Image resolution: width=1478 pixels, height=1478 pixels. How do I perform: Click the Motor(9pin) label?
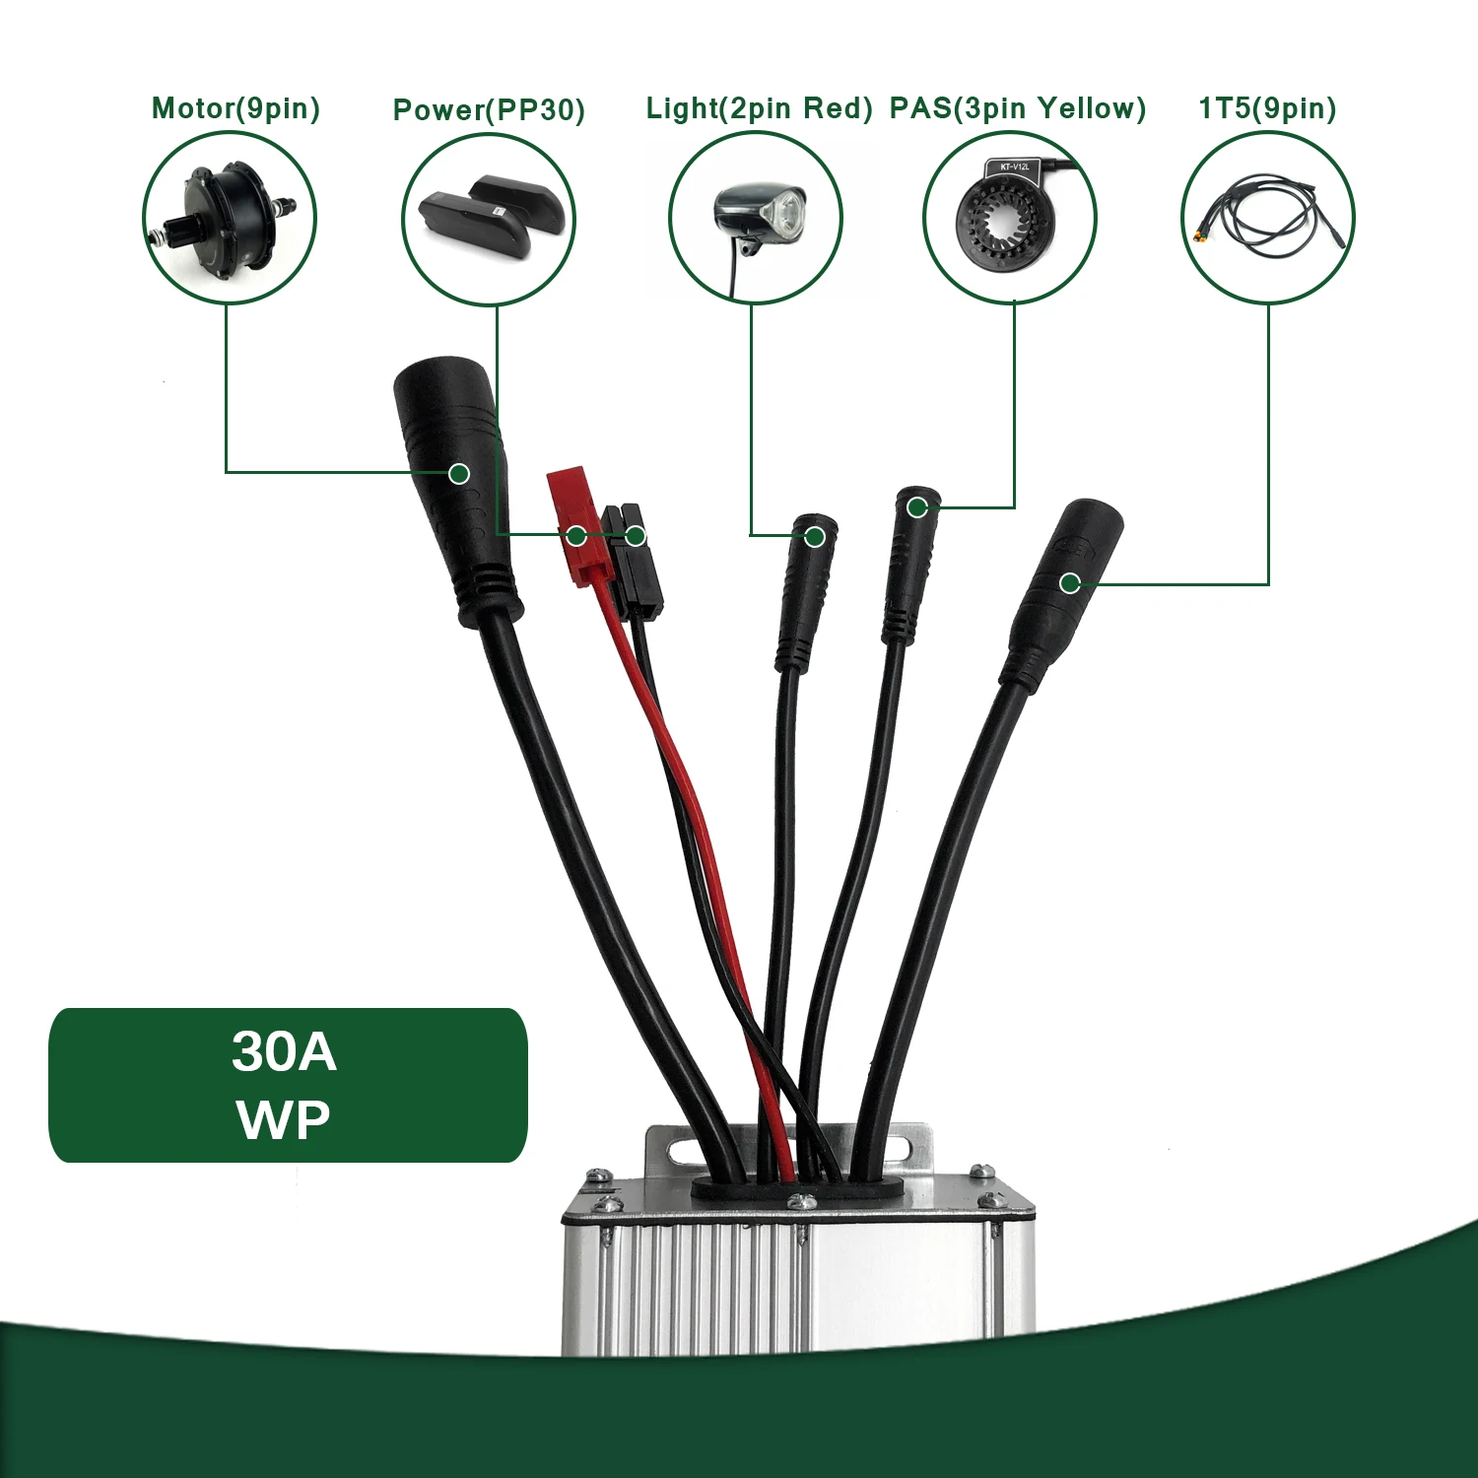point(236,108)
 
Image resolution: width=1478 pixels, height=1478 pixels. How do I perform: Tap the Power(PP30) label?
point(489,109)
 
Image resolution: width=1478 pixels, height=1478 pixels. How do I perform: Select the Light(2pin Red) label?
point(759,108)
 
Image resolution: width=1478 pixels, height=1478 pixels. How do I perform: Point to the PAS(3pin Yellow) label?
point(1018,108)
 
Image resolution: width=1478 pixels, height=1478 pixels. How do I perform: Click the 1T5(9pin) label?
point(1267,108)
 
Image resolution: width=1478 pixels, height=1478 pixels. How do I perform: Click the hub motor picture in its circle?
point(223,220)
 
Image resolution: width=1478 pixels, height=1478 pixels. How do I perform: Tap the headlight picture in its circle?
point(759,222)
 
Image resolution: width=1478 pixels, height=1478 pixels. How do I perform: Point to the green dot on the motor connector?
point(459,474)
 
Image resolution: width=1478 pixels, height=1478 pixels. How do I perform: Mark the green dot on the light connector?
point(815,537)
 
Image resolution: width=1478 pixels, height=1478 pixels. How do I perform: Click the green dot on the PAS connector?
point(917,507)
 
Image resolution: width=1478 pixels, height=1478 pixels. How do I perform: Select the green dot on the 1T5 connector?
point(1070,583)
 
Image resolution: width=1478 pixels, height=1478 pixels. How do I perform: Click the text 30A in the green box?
point(284,1052)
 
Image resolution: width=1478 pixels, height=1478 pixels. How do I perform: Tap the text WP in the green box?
point(284,1119)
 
